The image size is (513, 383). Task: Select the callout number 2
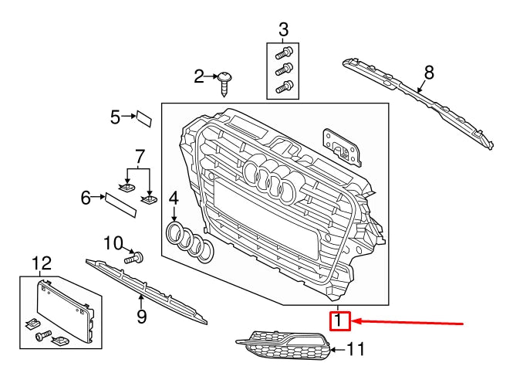(x=199, y=76)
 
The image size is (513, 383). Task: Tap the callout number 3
(x=283, y=30)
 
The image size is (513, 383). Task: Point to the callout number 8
(x=429, y=73)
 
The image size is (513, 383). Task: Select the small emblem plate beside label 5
(x=143, y=118)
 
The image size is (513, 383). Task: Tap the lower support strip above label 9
(x=147, y=288)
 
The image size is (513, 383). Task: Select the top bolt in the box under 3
(x=283, y=54)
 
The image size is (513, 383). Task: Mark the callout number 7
(x=140, y=156)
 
